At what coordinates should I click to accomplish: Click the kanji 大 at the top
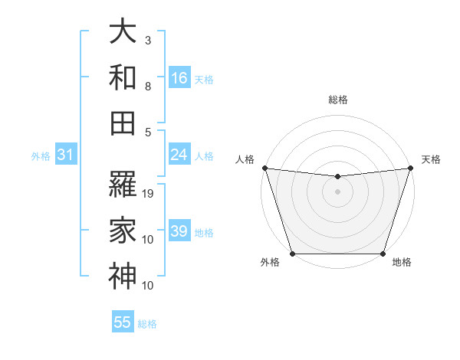(123, 32)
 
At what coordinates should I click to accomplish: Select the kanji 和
(123, 78)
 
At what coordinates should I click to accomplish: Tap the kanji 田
(123, 123)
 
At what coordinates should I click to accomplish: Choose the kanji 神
(123, 276)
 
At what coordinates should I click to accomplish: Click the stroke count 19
(149, 194)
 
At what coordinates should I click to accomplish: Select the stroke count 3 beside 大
(147, 40)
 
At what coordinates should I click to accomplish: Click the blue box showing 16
(179, 78)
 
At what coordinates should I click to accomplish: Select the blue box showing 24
(179, 155)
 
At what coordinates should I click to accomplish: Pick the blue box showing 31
(65, 155)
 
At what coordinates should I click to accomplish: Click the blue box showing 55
(123, 322)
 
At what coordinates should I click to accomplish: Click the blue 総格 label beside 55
(147, 324)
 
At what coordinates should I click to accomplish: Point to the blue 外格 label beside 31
(41, 156)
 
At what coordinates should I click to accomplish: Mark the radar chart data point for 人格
(264, 167)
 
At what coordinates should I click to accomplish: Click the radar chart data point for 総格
(337, 176)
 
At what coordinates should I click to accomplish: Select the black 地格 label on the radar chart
(402, 263)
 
